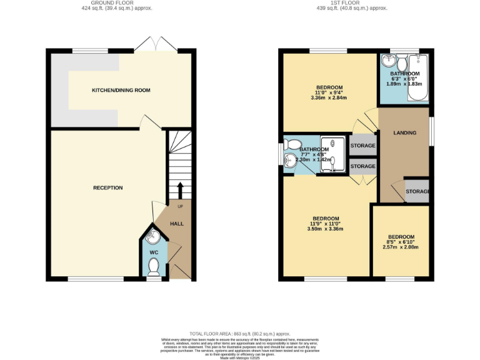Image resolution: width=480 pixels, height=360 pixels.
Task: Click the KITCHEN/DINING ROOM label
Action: (121, 91)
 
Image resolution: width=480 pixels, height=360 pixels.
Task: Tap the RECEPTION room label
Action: (107, 188)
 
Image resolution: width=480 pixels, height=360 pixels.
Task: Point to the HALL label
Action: (177, 224)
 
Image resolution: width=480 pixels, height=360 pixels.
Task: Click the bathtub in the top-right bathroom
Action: (417, 79)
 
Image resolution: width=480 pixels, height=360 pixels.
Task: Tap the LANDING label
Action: (405, 133)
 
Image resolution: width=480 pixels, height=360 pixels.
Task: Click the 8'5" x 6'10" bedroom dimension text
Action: (400, 242)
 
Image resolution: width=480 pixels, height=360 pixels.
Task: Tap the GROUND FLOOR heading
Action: (117, 3)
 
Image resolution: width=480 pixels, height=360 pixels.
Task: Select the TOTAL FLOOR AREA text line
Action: (240, 334)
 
